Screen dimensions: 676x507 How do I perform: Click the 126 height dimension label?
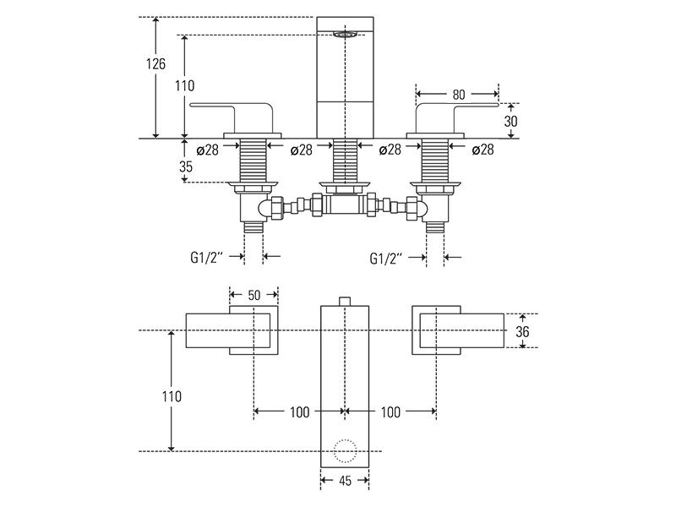pyautogui.click(x=155, y=64)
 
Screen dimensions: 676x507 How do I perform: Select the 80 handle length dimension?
pyautogui.click(x=459, y=95)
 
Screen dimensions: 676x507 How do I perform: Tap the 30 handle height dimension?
pyautogui.click(x=510, y=121)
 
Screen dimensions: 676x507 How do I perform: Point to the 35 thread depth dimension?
pyautogui.click(x=186, y=166)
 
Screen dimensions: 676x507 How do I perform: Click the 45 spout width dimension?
pyautogui.click(x=345, y=480)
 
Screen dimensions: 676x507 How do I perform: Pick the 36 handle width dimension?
pyautogui.click(x=522, y=331)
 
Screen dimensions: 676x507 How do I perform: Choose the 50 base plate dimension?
pyautogui.click(x=254, y=295)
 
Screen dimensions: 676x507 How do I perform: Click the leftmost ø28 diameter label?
pyautogui.click(x=207, y=150)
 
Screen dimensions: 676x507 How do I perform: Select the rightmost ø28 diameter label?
pyautogui.click(x=482, y=150)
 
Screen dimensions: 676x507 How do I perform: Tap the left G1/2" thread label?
pyautogui.click(x=206, y=258)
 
